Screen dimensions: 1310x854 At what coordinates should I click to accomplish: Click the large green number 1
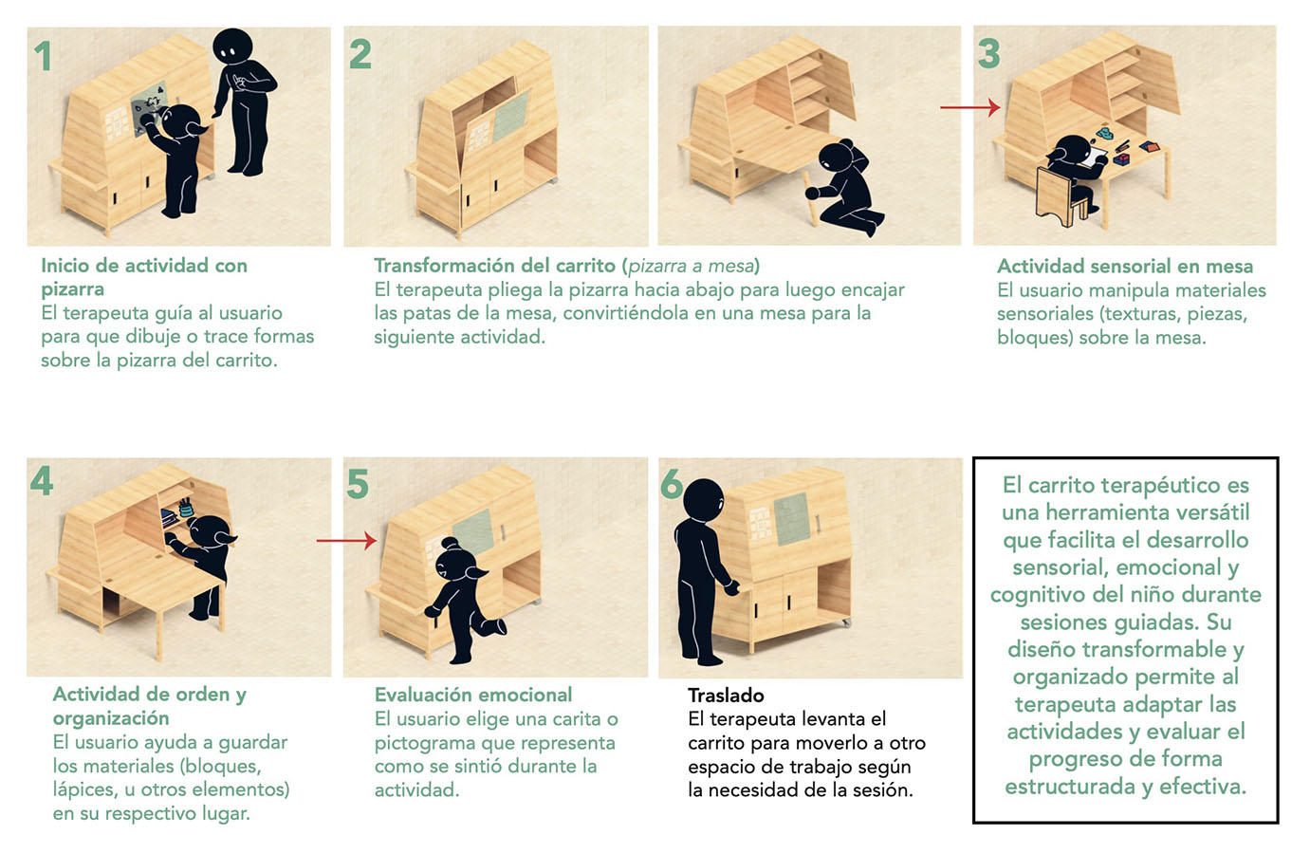click(44, 57)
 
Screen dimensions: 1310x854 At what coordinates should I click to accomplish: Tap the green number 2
click(360, 54)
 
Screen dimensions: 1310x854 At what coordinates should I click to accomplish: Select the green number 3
click(989, 53)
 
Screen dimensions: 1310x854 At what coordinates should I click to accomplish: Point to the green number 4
click(42, 481)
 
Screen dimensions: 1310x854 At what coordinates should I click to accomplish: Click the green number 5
click(358, 484)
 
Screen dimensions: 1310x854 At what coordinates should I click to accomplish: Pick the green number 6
click(672, 483)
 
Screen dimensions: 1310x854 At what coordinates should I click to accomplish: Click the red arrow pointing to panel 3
click(970, 107)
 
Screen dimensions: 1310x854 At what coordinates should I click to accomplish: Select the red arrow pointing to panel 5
click(346, 541)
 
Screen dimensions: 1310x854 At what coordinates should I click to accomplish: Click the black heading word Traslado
click(726, 695)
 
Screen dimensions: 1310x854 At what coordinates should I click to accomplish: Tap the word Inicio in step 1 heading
click(65, 266)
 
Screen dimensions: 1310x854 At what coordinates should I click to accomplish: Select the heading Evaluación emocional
click(473, 695)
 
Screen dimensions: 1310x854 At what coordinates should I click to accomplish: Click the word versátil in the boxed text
click(1213, 512)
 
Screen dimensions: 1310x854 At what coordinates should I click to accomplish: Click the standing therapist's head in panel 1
click(232, 45)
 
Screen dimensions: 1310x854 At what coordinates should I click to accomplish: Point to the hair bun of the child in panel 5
click(450, 544)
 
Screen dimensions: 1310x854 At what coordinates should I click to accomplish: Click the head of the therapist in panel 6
click(703, 499)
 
